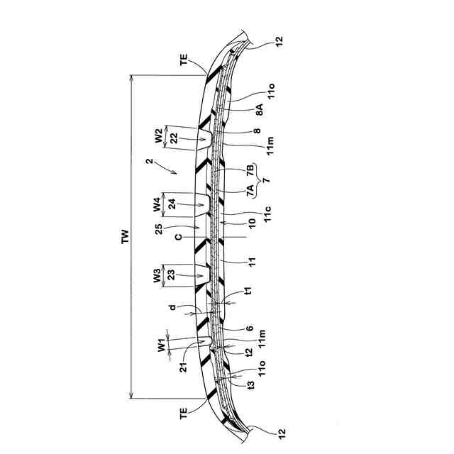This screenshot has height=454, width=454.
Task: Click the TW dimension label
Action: [125, 236]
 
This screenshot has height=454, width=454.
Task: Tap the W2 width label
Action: [159, 135]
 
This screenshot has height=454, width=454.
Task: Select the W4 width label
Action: [157, 204]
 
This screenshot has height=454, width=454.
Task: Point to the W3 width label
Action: [157, 275]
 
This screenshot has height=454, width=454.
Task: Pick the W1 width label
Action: [162, 346]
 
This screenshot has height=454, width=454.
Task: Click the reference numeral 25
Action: [159, 228]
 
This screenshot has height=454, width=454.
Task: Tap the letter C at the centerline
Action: [179, 237]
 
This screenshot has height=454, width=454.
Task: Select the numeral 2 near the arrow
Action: [150, 161]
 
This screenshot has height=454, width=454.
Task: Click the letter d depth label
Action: [172, 307]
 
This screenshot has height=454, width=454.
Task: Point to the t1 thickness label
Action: [248, 291]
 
